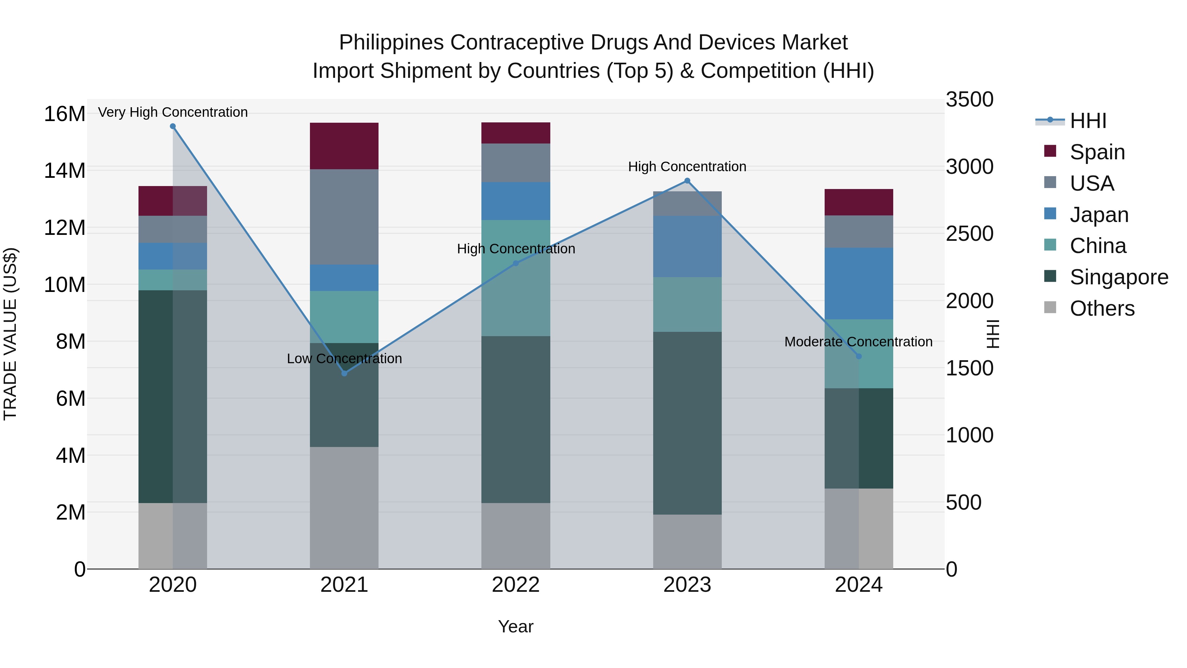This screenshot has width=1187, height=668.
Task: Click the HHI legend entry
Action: (1087, 121)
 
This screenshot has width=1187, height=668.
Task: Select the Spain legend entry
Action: (1097, 152)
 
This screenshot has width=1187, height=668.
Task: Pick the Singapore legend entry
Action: (1119, 277)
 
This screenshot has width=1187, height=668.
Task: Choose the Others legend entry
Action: (1102, 308)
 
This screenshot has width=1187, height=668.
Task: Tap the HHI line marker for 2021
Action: (344, 373)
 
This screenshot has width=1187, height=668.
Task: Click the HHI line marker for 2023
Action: (687, 181)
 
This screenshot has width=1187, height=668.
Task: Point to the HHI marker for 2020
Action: (173, 126)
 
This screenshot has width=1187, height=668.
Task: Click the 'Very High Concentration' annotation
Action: (173, 112)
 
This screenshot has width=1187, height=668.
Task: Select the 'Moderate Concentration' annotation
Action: (858, 342)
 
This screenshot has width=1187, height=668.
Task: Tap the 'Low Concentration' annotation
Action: (344, 359)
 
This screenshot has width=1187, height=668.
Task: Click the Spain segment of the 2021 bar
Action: (344, 146)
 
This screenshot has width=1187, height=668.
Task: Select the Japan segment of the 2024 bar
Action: (859, 283)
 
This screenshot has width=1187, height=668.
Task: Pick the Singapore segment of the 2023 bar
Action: (687, 423)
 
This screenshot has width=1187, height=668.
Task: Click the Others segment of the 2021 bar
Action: (344, 507)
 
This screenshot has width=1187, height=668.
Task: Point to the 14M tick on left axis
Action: (65, 171)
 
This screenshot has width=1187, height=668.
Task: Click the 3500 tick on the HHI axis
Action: (969, 100)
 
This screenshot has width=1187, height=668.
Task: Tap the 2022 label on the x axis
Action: (516, 585)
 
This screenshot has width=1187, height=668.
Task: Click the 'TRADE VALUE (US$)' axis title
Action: (11, 334)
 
